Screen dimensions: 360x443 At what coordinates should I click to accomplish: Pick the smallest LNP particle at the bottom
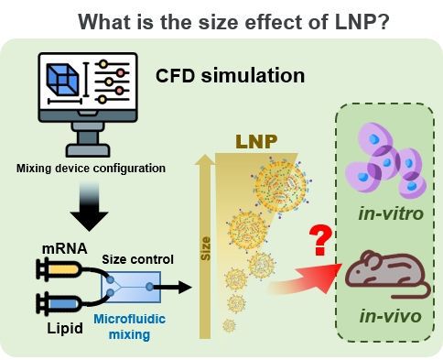tap(229, 325)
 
